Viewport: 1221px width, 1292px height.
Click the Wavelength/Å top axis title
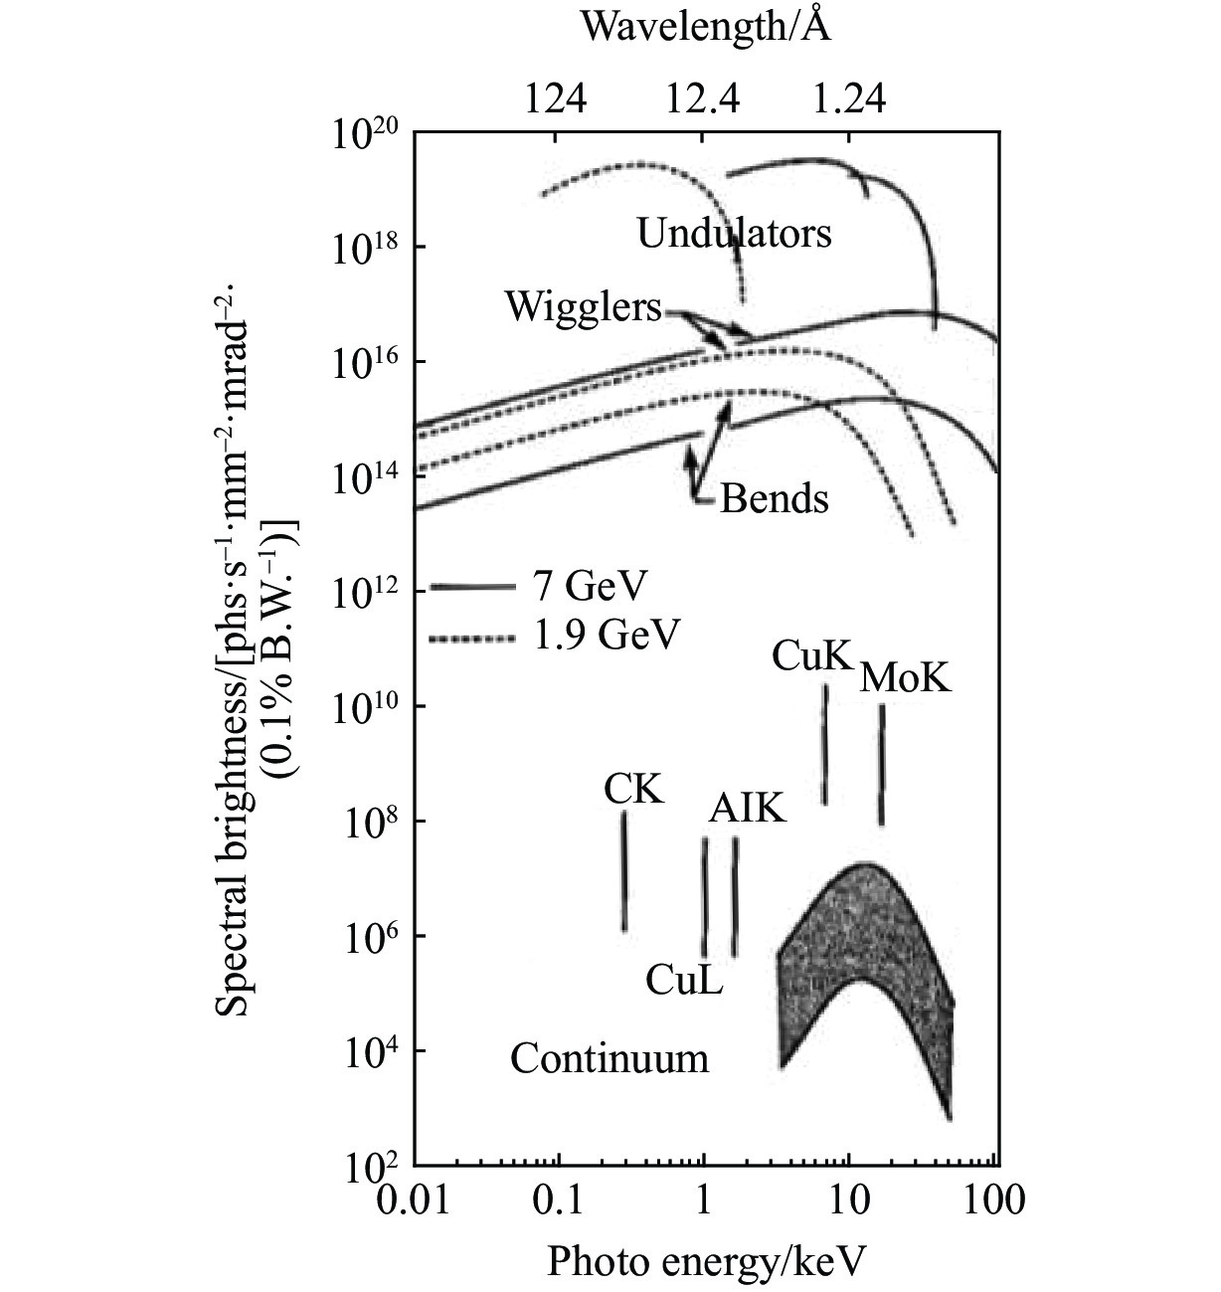point(705,27)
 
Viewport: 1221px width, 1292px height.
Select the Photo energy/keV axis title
point(706,1261)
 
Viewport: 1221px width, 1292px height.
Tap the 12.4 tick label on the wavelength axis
point(703,99)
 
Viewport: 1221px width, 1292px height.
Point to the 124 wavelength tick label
point(556,99)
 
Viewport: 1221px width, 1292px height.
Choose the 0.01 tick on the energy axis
point(415,1200)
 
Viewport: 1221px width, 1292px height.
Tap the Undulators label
point(734,234)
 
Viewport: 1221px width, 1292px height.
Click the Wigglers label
point(583,307)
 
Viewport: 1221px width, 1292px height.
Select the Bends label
point(774,498)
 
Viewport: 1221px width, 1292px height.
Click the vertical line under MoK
point(881,764)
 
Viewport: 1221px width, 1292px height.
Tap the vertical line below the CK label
point(624,871)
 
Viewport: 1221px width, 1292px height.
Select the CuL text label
point(684,981)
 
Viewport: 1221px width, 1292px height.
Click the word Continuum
point(610,1058)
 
